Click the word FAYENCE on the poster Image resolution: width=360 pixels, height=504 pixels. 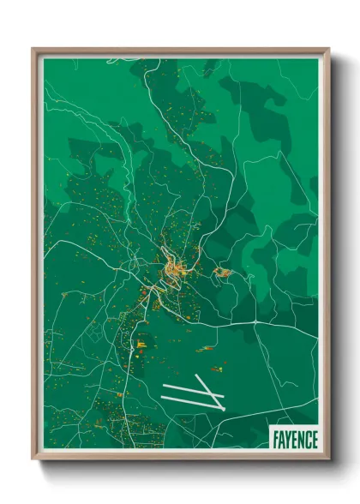[296, 440]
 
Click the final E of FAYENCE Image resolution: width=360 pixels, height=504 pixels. [315, 440]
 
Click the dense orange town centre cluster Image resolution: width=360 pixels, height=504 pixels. [173, 273]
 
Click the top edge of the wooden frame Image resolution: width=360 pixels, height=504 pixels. [180, 51]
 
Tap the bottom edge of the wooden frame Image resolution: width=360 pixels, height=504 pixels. [180, 457]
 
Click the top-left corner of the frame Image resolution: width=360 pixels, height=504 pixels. [35, 51]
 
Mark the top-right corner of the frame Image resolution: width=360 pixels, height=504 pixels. [327, 51]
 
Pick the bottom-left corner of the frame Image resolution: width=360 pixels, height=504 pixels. [35, 457]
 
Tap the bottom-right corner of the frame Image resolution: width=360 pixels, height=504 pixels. [327, 457]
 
